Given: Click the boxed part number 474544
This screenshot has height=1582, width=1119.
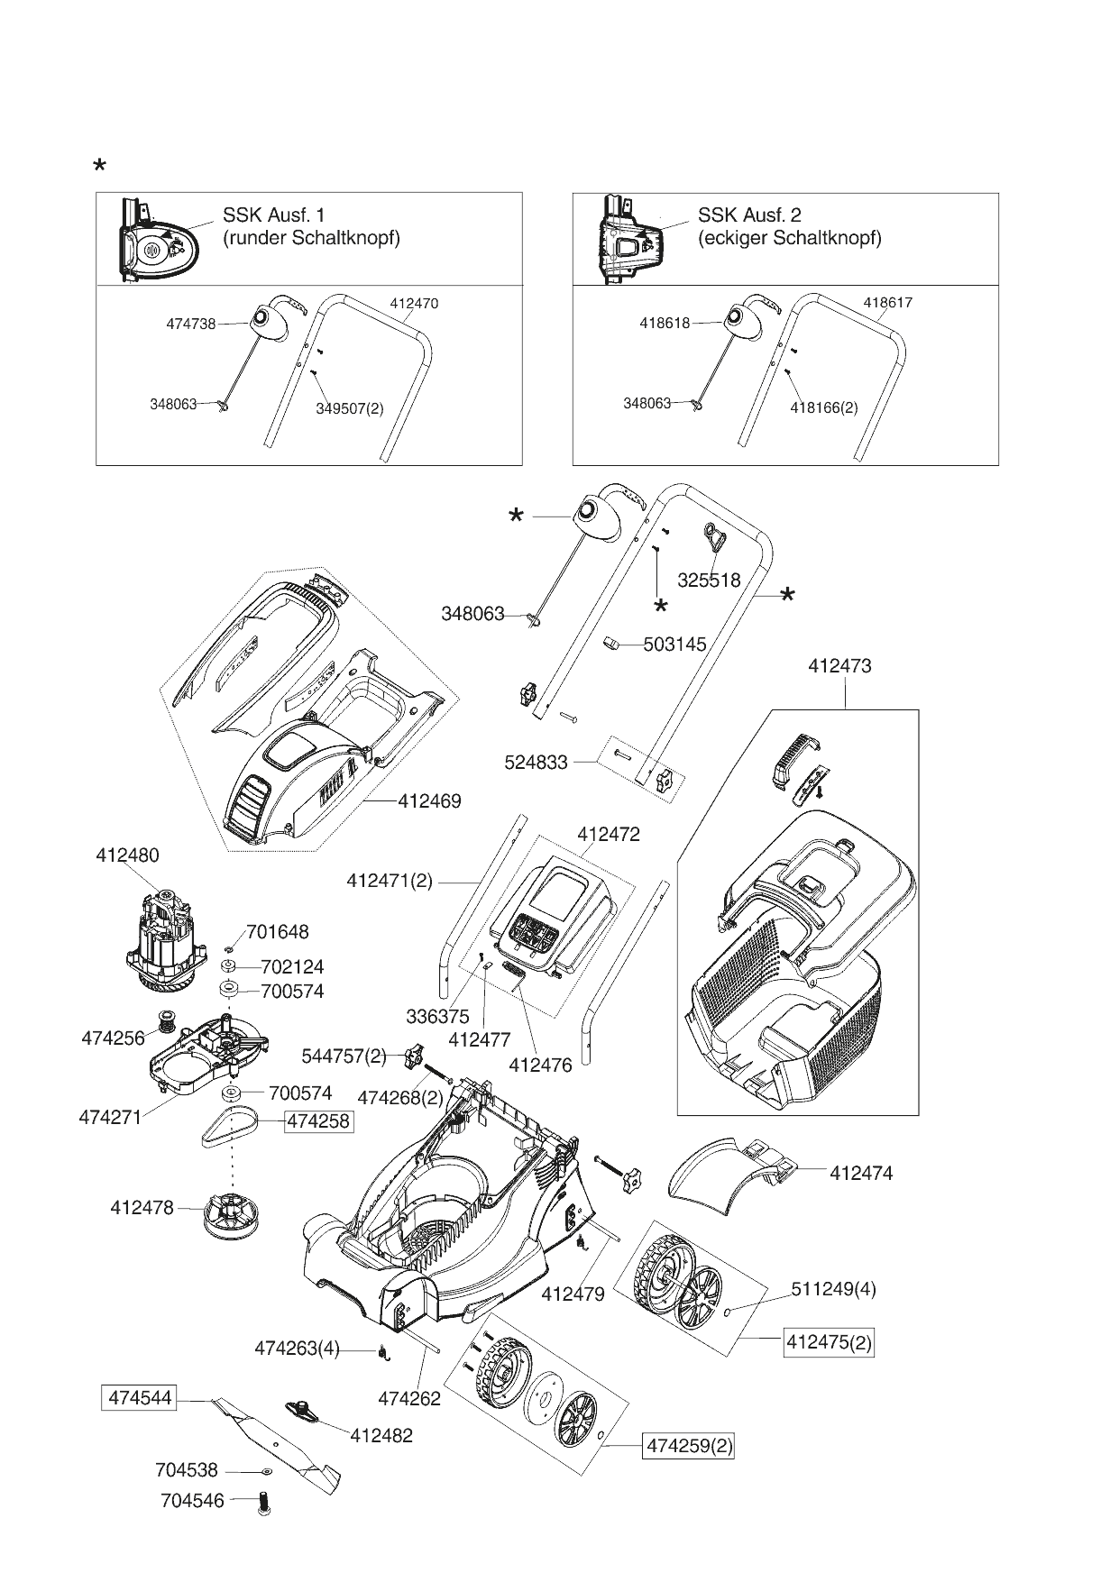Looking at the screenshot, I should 137,1398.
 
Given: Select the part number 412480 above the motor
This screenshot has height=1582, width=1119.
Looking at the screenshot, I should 127,855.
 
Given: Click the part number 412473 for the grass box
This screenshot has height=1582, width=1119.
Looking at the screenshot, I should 839,666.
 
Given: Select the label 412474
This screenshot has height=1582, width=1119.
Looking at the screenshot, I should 860,1173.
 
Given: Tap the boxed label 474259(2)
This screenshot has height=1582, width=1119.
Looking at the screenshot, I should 688,1447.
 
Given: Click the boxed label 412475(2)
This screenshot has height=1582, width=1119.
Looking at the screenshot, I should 829,1342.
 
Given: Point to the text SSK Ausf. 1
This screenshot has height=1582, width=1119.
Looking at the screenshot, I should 273,215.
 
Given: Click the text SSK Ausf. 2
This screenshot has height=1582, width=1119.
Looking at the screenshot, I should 749,215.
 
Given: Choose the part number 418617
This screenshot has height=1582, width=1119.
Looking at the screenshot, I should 887,303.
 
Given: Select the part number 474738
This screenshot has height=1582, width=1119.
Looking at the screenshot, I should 190,324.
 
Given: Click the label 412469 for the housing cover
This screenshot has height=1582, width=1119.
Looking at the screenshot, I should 429,800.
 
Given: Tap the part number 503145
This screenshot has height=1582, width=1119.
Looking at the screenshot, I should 674,645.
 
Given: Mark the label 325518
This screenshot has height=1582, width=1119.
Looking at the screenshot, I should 709,580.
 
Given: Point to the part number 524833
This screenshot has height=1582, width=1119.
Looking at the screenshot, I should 536,763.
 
